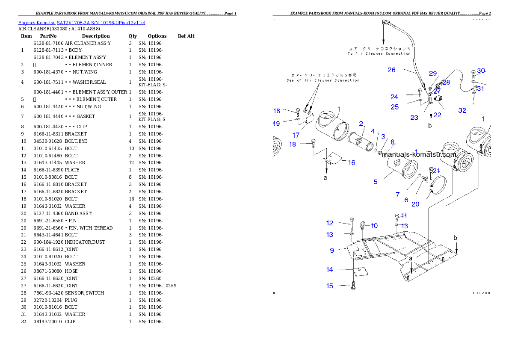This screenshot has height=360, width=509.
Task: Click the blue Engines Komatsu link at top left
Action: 82,22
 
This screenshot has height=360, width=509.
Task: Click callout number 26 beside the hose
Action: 391,70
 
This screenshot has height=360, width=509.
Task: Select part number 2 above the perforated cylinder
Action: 361,124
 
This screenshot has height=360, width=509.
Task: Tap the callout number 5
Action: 375,182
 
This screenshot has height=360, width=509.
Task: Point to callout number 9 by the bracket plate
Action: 332,250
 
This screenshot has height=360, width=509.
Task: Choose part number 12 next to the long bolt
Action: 329,223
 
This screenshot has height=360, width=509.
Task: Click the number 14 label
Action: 330,269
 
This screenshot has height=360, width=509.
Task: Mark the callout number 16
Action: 351,162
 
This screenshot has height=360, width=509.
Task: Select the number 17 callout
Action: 296,135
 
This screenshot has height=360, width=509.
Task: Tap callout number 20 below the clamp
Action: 415,204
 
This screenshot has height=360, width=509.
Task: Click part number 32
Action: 462,110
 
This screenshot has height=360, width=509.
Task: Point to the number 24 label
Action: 394,97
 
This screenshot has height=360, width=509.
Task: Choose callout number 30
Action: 481,71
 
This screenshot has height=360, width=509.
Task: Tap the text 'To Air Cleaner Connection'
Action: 379,54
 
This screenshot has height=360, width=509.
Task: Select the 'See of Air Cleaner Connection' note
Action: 323,80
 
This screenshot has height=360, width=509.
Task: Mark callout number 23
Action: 414,118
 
